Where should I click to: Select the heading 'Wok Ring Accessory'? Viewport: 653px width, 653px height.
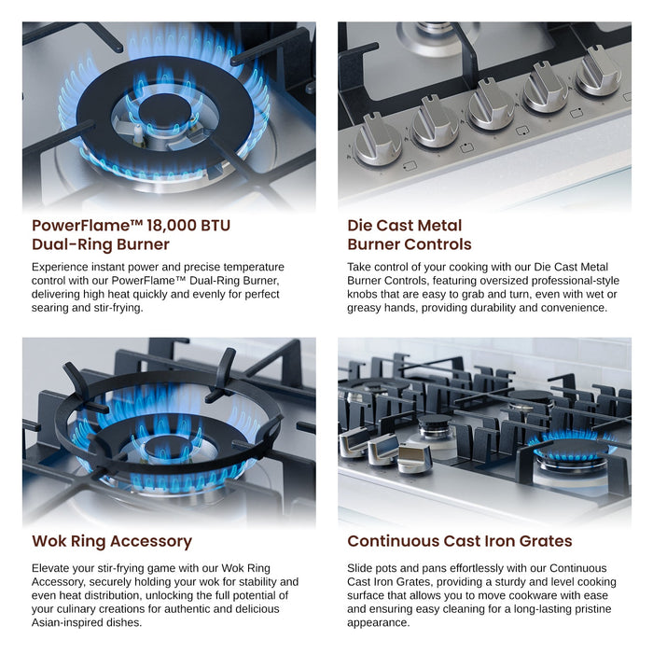112,541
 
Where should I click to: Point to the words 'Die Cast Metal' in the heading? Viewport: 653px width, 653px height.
405,226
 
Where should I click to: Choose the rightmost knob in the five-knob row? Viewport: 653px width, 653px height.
598,71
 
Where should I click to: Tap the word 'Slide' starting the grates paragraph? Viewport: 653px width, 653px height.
363,567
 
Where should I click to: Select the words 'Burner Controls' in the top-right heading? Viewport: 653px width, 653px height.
410,245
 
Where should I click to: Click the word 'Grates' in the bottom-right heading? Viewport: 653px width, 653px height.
542,541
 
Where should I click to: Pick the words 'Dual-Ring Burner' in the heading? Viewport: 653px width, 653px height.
101,245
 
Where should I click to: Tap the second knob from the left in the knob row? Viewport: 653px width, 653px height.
435,122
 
